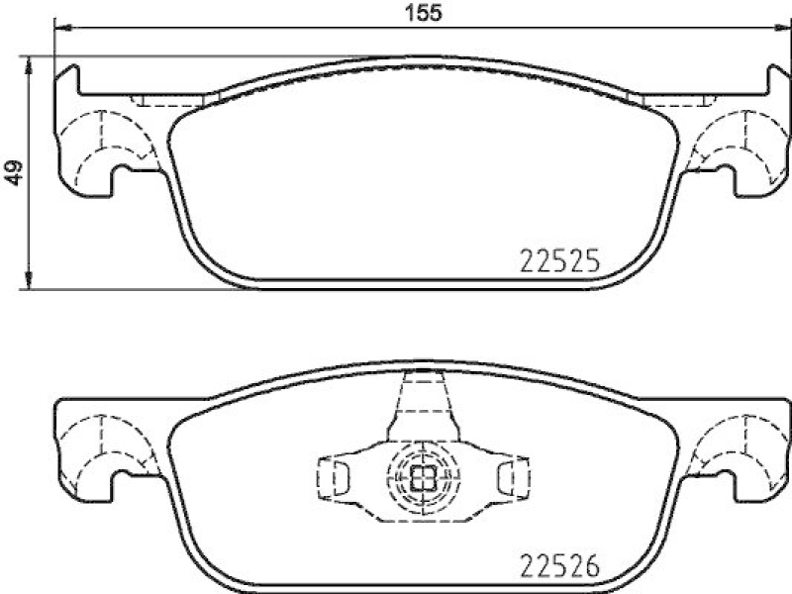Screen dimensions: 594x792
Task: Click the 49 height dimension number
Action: click(x=15, y=173)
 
